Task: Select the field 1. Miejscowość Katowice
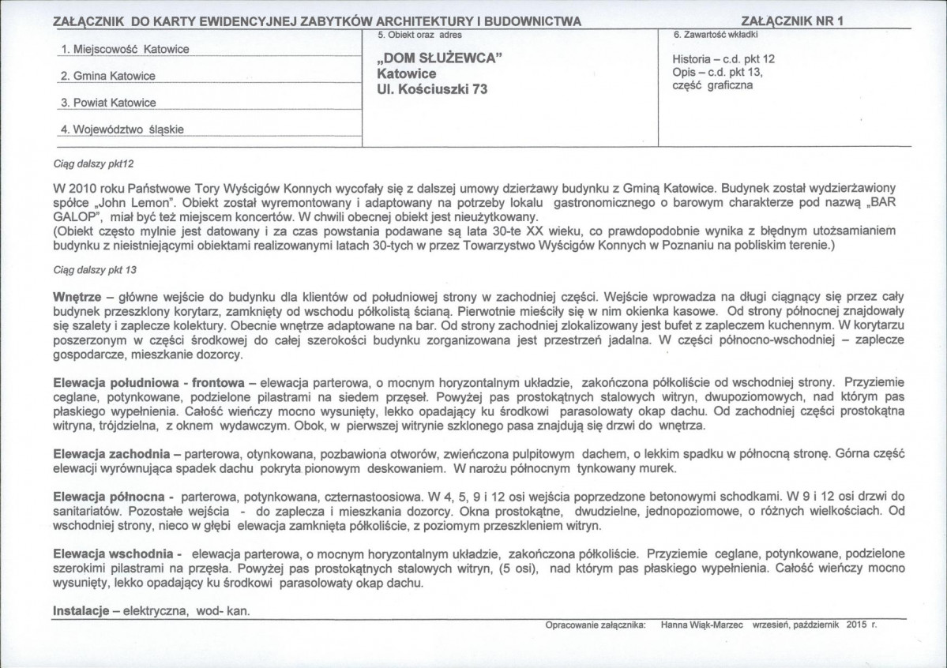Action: [x=125, y=49]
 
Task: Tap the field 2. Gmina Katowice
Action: [x=108, y=77]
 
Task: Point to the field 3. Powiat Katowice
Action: [x=108, y=103]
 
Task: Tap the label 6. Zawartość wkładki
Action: [x=716, y=36]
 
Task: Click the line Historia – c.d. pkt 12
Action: [x=723, y=59]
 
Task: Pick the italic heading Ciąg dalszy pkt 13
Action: [x=95, y=269]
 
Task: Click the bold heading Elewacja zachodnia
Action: [x=111, y=454]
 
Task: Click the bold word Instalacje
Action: [x=81, y=611]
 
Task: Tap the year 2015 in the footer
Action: [x=856, y=624]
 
